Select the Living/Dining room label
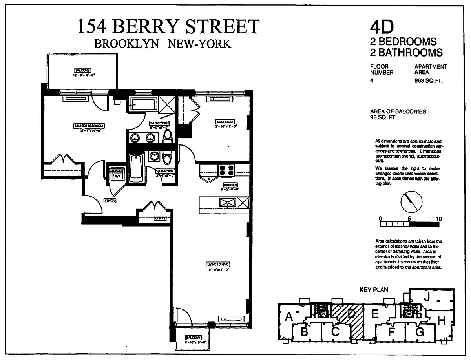tap(218, 264)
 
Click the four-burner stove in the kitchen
tap(227, 170)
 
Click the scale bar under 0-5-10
tap(409, 225)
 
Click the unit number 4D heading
tap(381, 27)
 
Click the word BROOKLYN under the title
tap(127, 44)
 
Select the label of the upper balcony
tap(82, 70)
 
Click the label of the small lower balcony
tap(193, 338)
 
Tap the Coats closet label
tap(160, 218)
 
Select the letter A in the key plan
tap(289, 316)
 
